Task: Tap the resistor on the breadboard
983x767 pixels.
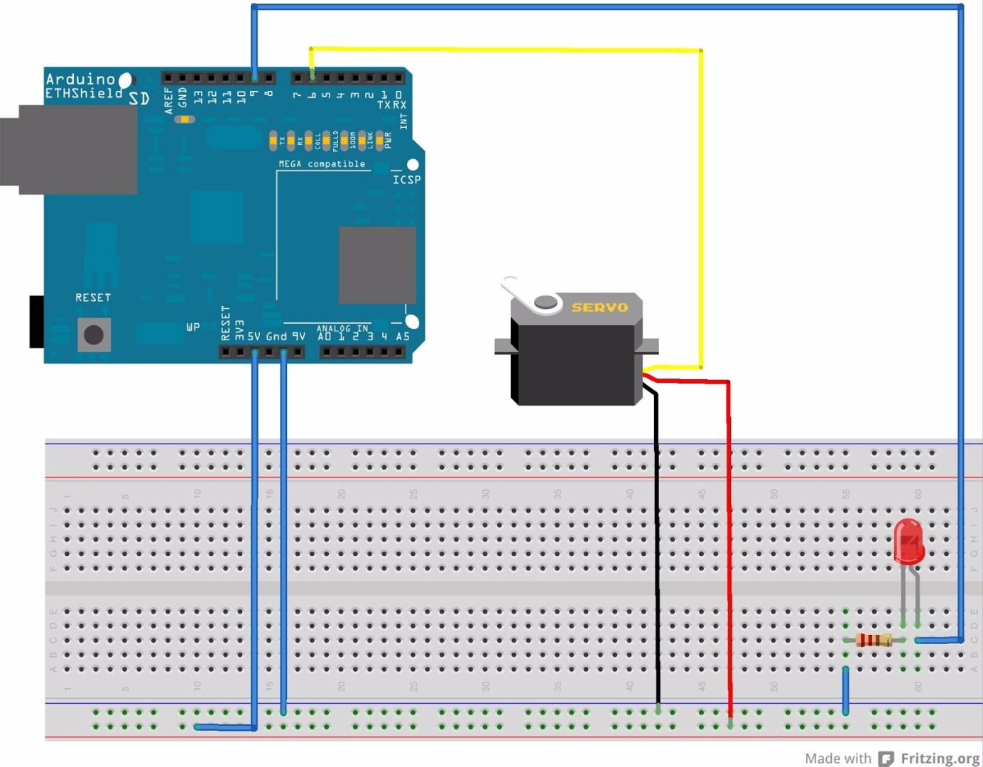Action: tap(874, 640)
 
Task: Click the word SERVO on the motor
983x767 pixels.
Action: tap(599, 308)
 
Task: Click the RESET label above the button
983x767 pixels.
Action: tap(93, 298)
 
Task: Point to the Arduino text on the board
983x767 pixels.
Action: tap(80, 79)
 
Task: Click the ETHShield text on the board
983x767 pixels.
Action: tap(84, 94)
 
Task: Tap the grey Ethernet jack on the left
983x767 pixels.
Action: tap(71, 150)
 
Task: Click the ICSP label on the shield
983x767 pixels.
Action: tap(406, 180)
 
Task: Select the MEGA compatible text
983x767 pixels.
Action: tap(322, 164)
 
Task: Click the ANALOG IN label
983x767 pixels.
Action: tap(342, 328)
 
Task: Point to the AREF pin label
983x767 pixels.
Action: tap(168, 100)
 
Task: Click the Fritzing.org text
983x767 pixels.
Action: tap(940, 758)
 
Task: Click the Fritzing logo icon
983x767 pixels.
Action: tap(886, 758)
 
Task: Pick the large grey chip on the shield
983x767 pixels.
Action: tap(377, 265)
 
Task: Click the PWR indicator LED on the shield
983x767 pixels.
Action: tap(379, 141)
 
